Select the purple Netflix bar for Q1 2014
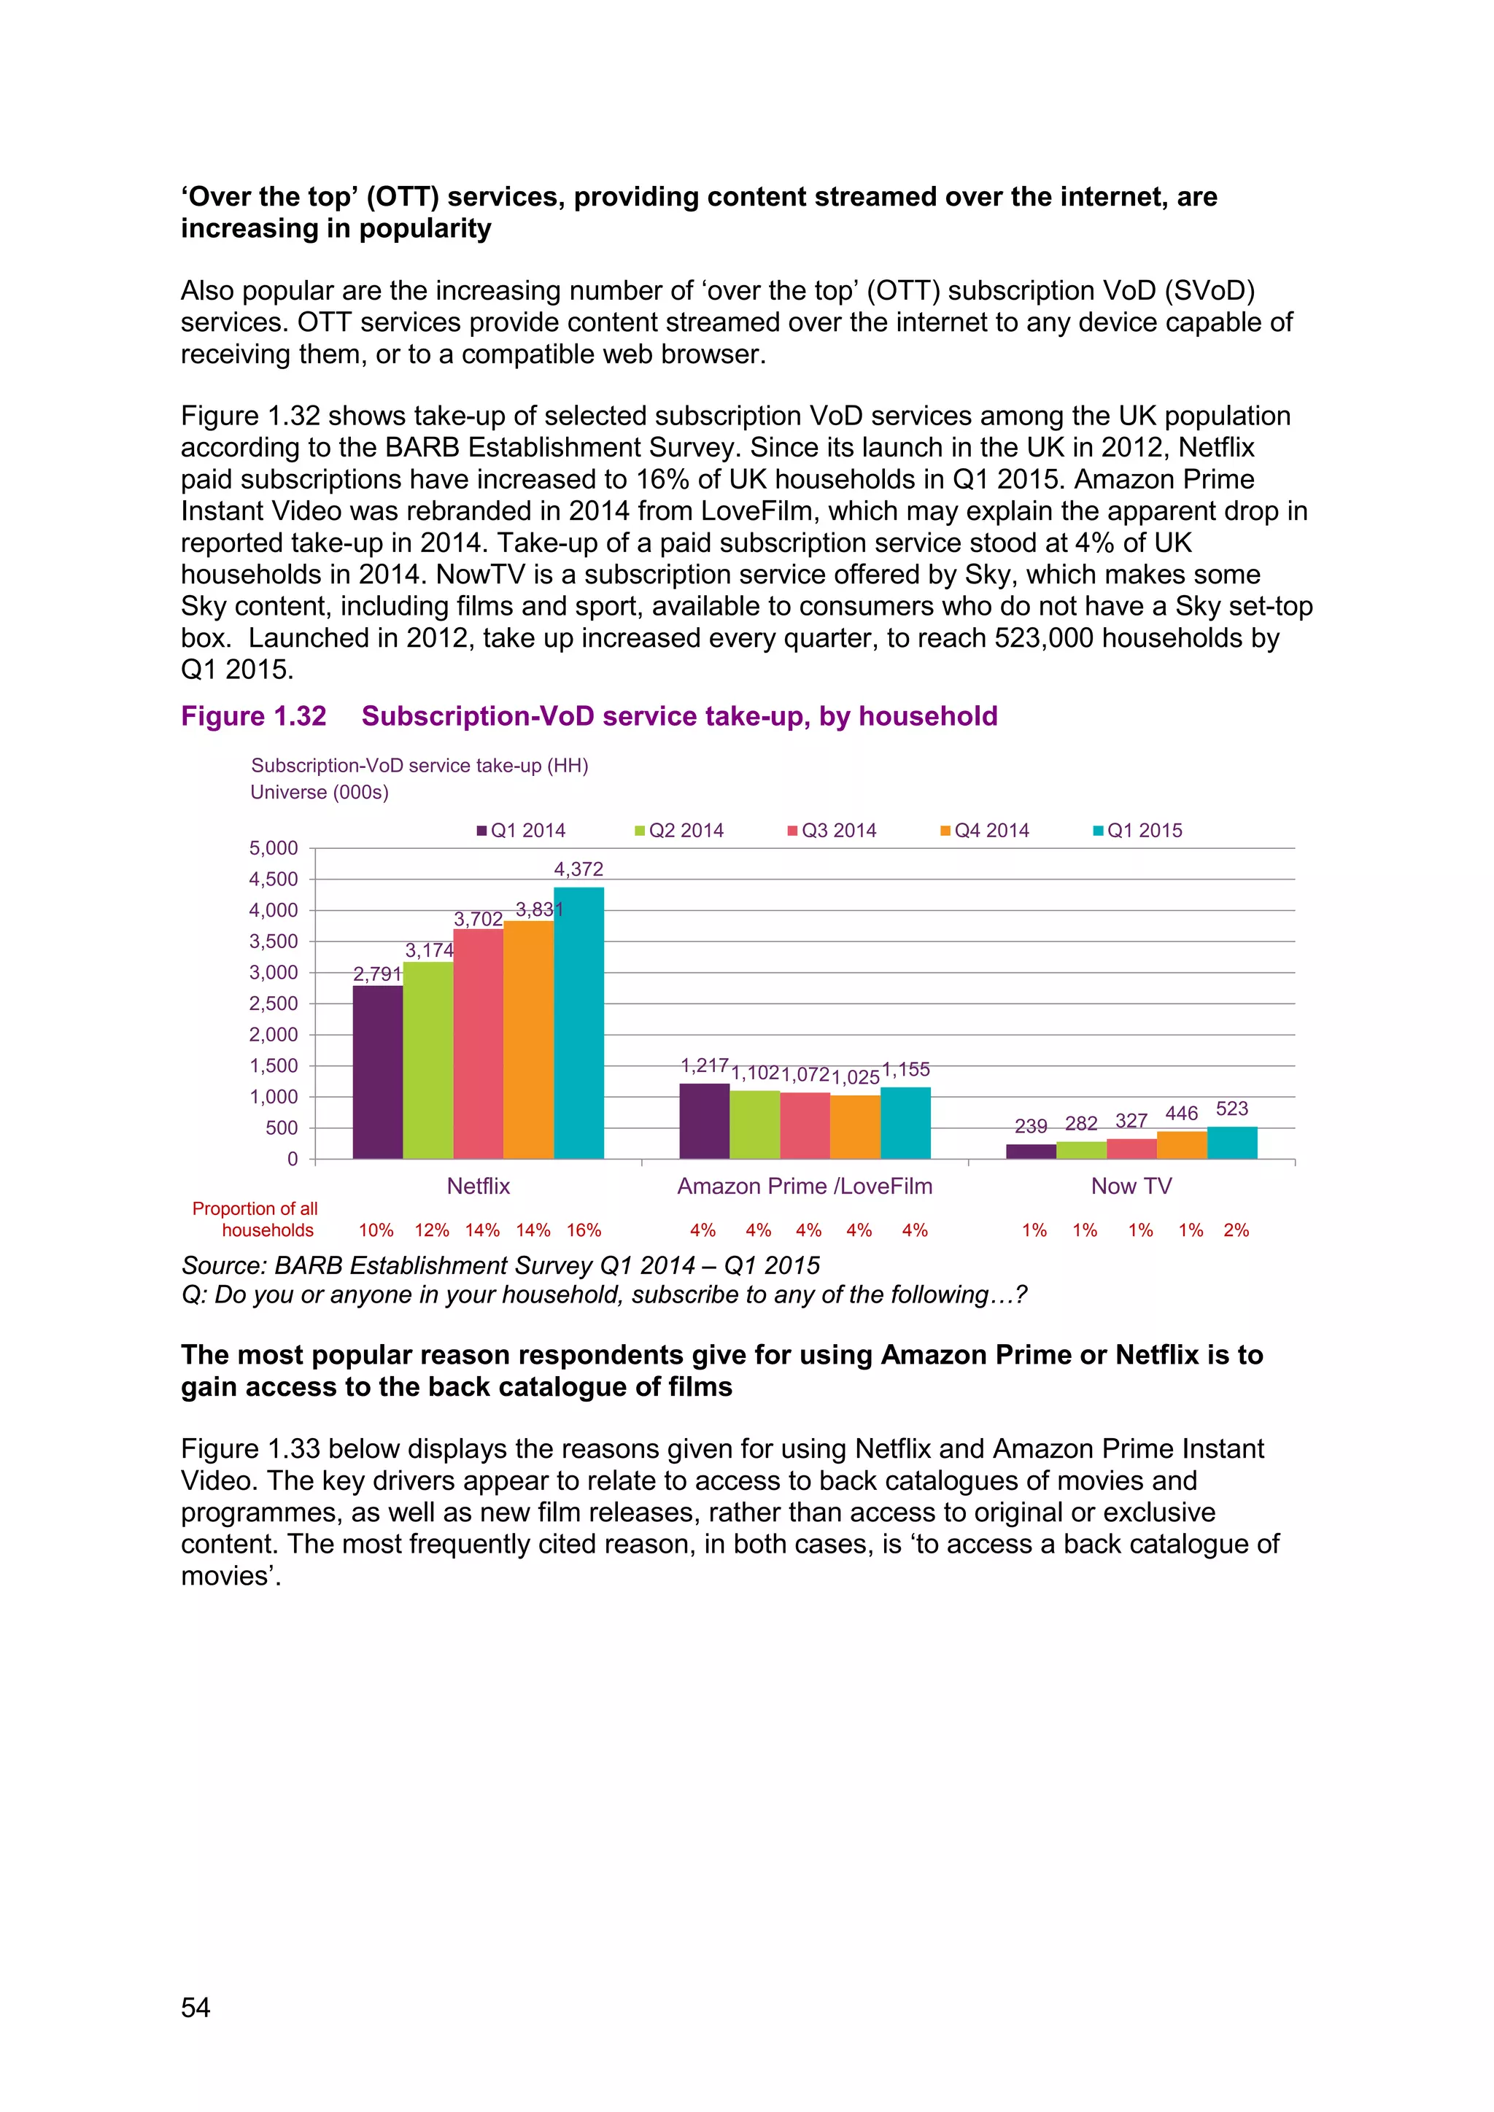click(x=377, y=1071)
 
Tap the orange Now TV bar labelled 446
click(x=1181, y=1145)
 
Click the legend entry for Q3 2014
click(x=832, y=831)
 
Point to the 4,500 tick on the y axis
click(x=274, y=880)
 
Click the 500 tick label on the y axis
click(x=282, y=1127)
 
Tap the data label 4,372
click(x=578, y=869)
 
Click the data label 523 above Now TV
click(x=1232, y=1109)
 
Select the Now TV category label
click(x=1131, y=1187)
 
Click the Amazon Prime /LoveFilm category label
click(x=804, y=1187)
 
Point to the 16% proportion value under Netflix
click(x=584, y=1231)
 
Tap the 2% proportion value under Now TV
click(x=1236, y=1231)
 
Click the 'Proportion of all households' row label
click(x=256, y=1220)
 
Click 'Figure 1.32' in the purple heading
click(x=253, y=717)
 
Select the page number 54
click(x=195, y=2007)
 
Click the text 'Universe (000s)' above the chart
click(x=320, y=793)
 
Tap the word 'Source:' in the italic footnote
click(x=223, y=1266)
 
